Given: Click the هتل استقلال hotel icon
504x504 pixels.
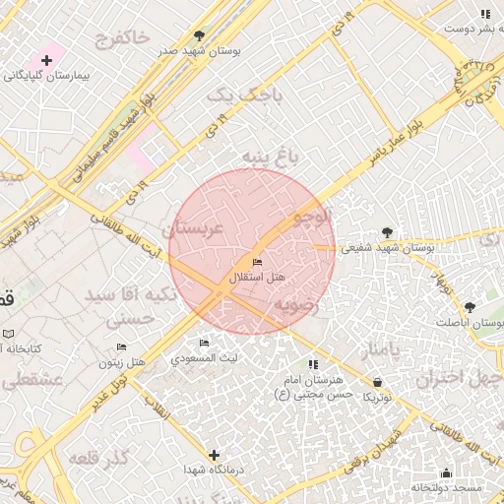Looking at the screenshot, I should pos(257,262).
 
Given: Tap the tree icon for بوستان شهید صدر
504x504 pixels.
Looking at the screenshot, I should pos(200,34).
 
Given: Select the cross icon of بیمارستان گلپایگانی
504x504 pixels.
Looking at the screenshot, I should pos(46,60).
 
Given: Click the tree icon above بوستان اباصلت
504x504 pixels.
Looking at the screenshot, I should pos(470,307).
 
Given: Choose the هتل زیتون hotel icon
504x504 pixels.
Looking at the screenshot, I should pos(122,347).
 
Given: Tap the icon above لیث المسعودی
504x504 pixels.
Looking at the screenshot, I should pos(204,344).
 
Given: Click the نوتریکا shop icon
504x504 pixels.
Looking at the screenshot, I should pos(378,382).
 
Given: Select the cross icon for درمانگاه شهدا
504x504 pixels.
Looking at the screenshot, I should pos(214,455).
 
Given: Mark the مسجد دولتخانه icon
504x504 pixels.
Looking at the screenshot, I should pos(446,473).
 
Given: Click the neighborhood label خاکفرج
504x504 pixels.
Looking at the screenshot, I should pos(122,40).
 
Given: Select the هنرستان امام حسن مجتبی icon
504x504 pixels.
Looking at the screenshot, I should pos(313,365).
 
